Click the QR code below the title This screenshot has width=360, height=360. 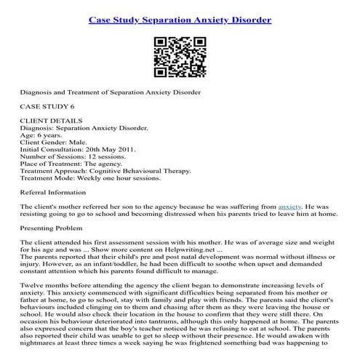coord(180,54)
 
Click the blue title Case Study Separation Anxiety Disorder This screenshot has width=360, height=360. coord(180,19)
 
